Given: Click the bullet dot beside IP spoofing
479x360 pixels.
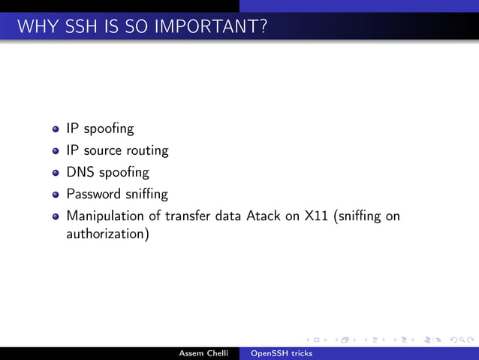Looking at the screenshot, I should pos(56,129).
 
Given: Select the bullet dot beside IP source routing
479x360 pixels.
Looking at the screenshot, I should pos(56,151).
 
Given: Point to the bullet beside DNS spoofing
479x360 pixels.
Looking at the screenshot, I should pos(56,173).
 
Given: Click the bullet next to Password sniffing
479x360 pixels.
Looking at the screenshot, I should pos(56,195).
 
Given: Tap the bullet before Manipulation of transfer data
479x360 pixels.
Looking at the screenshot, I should pos(56,217).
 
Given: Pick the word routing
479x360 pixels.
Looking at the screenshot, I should pos(146,151).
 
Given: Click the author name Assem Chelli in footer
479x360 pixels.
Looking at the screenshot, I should pos(203,352).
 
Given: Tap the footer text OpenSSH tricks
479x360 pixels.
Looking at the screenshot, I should pos(281,352).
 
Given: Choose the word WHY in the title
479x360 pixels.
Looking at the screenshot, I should pos(33,28).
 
